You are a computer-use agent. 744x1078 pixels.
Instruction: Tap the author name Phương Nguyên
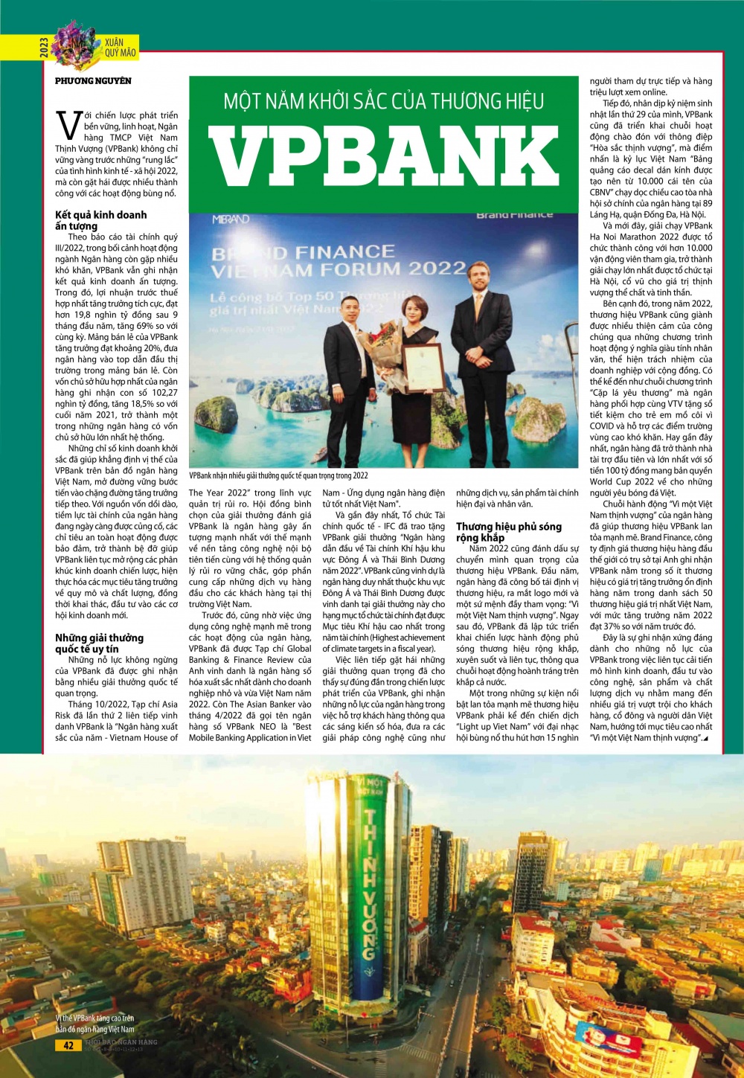[x=93, y=80]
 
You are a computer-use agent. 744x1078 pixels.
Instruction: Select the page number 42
[x=68, y=1045]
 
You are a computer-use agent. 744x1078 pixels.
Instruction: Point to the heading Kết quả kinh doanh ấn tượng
[x=100, y=220]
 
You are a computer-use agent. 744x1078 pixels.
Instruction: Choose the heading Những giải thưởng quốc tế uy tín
[x=99, y=643]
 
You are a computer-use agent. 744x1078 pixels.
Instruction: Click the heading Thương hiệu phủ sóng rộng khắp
[x=509, y=531]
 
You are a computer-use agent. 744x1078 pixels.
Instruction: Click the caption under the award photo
[x=278, y=475]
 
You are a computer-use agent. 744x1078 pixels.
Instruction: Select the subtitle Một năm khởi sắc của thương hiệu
[x=383, y=100]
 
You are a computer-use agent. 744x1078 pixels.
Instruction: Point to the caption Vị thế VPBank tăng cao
[x=94, y=1023]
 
